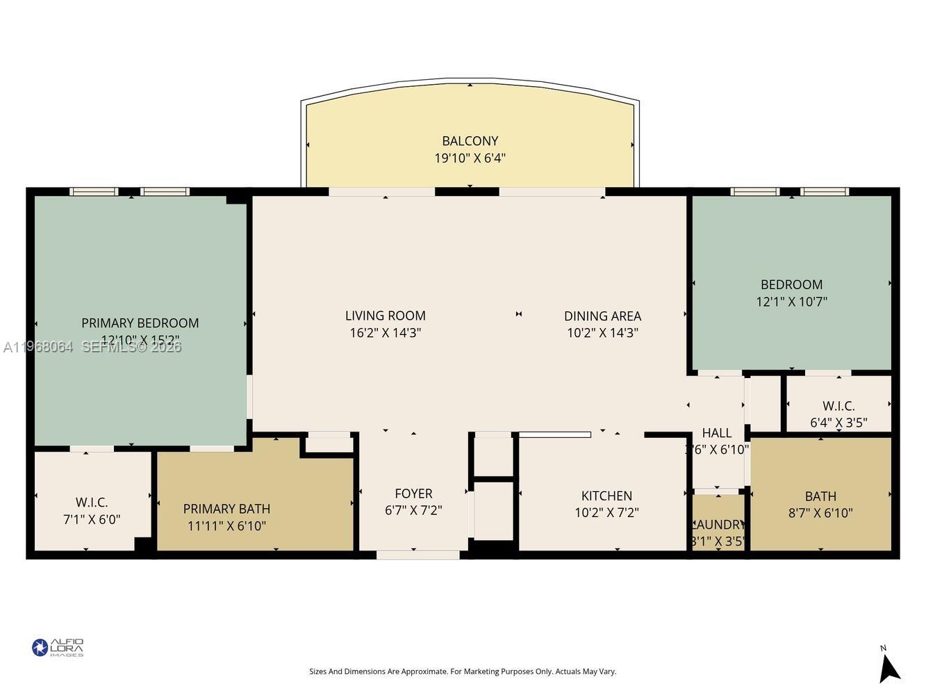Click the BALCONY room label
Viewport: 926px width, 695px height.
pyautogui.click(x=470, y=141)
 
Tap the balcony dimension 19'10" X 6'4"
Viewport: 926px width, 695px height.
pyautogui.click(x=470, y=158)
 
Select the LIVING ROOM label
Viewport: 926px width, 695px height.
pyautogui.click(x=385, y=316)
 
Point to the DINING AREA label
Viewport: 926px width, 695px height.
pyautogui.click(x=602, y=316)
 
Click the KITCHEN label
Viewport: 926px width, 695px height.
pyautogui.click(x=606, y=496)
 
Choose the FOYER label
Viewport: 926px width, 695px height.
pyautogui.click(x=413, y=493)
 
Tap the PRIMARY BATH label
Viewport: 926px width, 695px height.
pyautogui.click(x=226, y=509)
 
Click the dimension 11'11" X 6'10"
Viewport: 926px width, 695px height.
pyautogui.click(x=226, y=526)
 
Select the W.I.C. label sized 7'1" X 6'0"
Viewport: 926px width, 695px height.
pyautogui.click(x=92, y=502)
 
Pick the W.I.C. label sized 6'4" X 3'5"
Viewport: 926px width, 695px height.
pyautogui.click(x=838, y=405)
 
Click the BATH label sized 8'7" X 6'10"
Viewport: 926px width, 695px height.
pyautogui.click(x=820, y=496)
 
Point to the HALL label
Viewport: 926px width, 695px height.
pyautogui.click(x=716, y=433)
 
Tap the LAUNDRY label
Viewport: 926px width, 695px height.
pyautogui.click(x=718, y=525)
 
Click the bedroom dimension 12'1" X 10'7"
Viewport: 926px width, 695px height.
pyautogui.click(x=791, y=302)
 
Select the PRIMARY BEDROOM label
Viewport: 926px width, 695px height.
pyautogui.click(x=140, y=323)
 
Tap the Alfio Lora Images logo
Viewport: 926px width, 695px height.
pyautogui.click(x=58, y=648)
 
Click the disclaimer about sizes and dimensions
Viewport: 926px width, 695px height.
pyautogui.click(x=463, y=671)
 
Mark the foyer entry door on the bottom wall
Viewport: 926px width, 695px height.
pyautogui.click(x=417, y=555)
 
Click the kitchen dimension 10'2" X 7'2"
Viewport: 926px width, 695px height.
pyautogui.click(x=606, y=513)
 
